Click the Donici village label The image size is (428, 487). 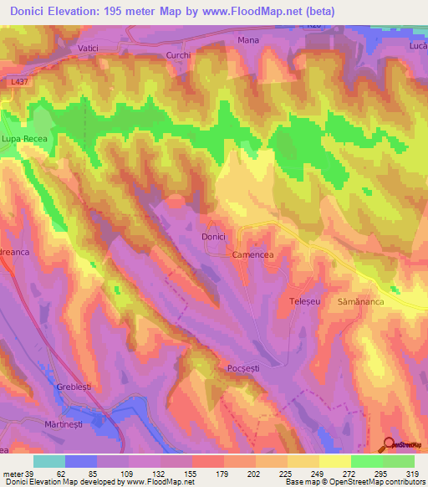(x=213, y=238)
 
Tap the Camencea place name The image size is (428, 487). (x=254, y=254)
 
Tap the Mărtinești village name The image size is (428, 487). (x=66, y=425)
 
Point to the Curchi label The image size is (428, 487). (x=179, y=55)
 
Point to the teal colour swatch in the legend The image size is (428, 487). (x=48, y=461)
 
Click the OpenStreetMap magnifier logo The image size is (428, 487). (x=390, y=444)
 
